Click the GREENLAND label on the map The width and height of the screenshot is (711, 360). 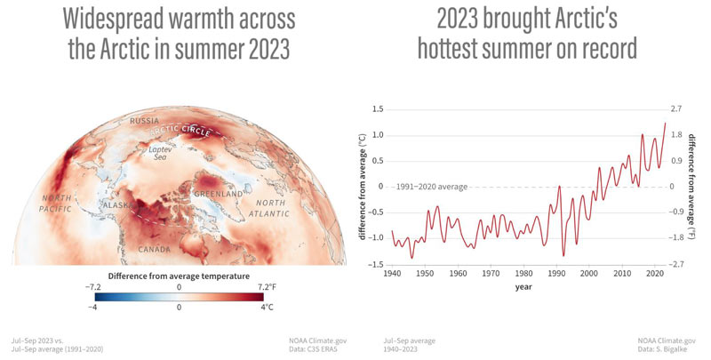point(219,194)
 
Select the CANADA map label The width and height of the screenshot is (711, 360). point(154,250)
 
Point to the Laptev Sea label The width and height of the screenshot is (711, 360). point(157,153)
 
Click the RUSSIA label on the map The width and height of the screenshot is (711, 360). point(144,121)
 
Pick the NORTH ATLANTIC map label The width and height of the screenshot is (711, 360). point(269,208)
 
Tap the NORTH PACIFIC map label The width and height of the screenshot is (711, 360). point(56,204)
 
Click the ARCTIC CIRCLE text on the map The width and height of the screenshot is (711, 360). point(180,130)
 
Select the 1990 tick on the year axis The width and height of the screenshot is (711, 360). point(556,274)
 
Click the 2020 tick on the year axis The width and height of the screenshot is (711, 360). point(654,274)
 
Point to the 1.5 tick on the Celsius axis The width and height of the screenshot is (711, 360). point(377,109)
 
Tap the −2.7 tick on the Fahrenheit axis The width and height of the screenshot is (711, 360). point(676,264)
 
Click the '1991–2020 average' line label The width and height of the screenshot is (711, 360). point(431,187)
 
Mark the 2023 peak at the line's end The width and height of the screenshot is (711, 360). point(665,123)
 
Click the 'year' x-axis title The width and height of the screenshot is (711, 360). point(523,287)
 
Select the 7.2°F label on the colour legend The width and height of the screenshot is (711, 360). point(266,287)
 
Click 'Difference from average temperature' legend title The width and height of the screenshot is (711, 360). point(179,276)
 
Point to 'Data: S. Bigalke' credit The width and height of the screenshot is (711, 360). point(662,349)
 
